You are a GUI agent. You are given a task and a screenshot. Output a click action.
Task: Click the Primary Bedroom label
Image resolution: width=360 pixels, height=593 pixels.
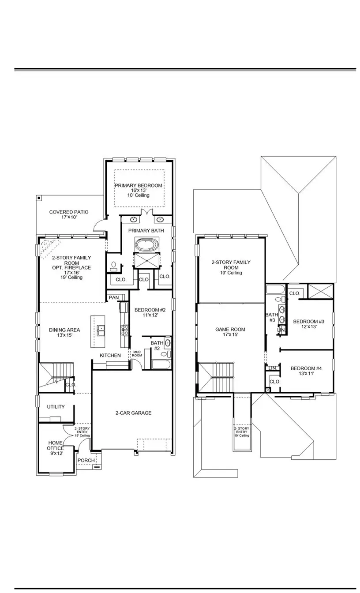tap(139, 186)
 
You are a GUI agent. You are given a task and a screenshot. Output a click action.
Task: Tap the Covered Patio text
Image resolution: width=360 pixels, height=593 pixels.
tap(69, 212)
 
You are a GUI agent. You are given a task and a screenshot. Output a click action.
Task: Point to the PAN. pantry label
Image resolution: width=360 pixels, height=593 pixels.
tap(114, 298)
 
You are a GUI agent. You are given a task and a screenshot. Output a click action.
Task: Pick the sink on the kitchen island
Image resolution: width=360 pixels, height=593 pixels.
tap(101, 328)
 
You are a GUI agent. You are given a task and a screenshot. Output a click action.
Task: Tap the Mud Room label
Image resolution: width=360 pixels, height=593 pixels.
tap(137, 353)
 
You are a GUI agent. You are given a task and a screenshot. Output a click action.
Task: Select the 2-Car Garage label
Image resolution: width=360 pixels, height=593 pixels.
tap(133, 413)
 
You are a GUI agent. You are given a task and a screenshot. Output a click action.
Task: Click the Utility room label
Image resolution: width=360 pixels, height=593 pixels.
tap(56, 407)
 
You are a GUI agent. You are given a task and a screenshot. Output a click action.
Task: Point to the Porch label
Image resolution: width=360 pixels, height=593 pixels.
tap(86, 460)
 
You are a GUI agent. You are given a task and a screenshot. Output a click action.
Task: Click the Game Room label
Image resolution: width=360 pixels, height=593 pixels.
tap(230, 329)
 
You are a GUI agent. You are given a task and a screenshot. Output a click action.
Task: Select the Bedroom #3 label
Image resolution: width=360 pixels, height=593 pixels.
tap(308, 321)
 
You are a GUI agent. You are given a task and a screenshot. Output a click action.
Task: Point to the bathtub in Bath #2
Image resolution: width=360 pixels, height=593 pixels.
tap(161, 364)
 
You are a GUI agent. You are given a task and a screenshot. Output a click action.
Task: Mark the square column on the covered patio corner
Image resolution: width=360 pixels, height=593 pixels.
tap(39, 198)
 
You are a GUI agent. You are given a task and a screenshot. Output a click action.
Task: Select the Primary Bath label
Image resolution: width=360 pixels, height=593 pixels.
tap(146, 231)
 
